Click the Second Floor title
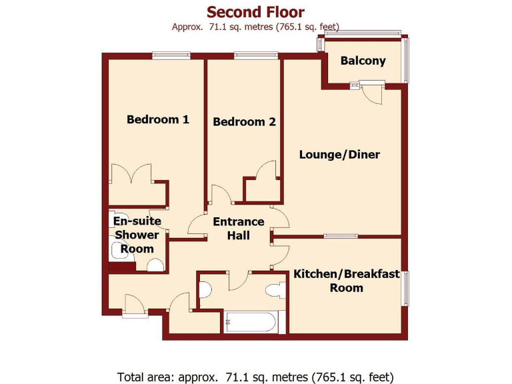click(255, 12)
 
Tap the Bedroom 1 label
click(158, 120)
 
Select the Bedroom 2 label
click(244, 122)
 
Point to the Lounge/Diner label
click(339, 155)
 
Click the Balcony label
click(363, 61)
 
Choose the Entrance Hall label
click(238, 229)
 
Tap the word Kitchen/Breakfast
click(347, 274)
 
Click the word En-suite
click(137, 221)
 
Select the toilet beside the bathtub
click(275, 291)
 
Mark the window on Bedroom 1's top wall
click(166, 55)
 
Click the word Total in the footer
click(132, 375)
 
